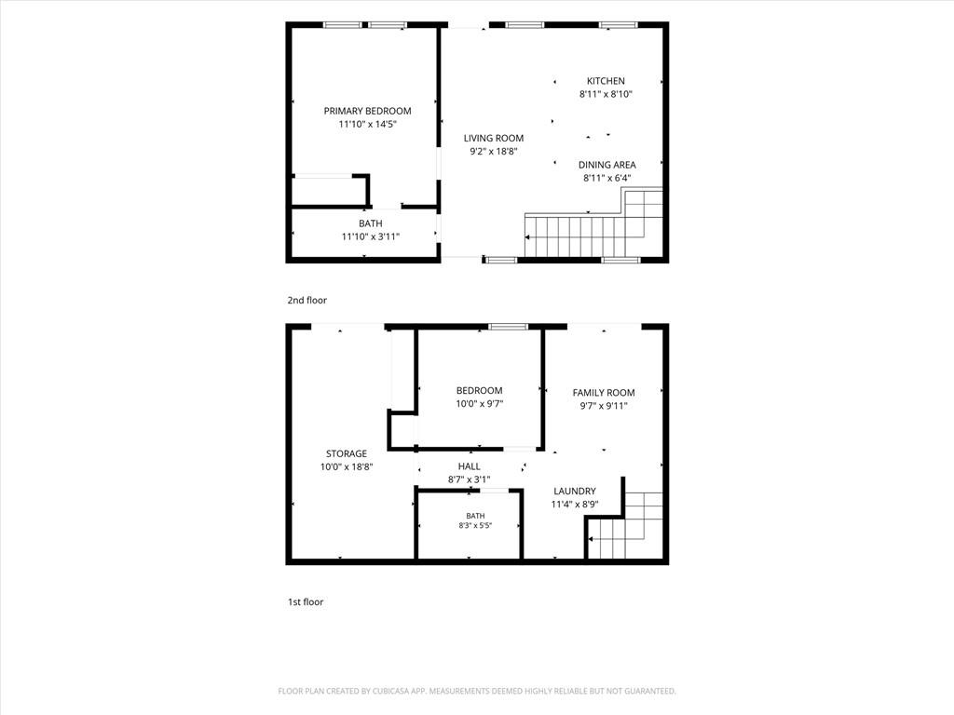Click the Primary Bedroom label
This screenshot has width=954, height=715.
[367, 111]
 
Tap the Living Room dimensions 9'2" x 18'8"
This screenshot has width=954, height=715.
[494, 152]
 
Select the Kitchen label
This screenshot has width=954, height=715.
[606, 81]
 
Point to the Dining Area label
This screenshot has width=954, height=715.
[607, 165]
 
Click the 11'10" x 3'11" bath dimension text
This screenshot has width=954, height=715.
[371, 236]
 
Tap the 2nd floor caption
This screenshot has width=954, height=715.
[307, 301]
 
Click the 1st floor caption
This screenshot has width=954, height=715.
[306, 602]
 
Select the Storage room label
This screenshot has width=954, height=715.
[347, 453]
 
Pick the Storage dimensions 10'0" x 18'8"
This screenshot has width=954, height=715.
[347, 467]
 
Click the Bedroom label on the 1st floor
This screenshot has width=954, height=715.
[480, 390]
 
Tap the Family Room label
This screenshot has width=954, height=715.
[604, 393]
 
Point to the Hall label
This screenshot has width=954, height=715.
[470, 466]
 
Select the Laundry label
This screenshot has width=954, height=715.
[574, 492]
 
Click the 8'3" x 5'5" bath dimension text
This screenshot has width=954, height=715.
[475, 526]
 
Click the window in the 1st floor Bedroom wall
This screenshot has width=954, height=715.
[509, 327]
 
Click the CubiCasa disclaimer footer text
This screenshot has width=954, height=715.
[477, 692]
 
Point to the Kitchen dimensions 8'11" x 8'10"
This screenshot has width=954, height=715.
[606, 94]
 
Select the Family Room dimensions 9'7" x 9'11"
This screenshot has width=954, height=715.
[604, 406]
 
